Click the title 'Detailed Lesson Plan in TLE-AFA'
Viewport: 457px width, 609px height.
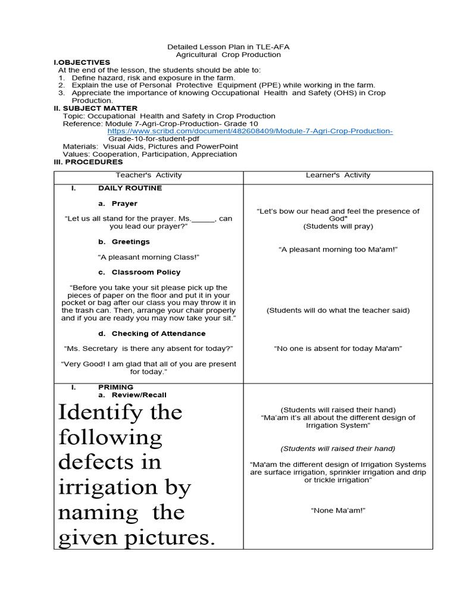228,46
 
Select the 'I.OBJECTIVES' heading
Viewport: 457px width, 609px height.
82,62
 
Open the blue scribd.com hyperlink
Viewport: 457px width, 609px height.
250,131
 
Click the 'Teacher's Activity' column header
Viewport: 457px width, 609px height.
148,175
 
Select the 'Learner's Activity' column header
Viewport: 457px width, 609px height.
337,175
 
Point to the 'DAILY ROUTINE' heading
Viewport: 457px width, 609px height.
130,188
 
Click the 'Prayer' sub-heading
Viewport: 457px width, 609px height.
124,203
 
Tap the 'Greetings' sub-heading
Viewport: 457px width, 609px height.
130,241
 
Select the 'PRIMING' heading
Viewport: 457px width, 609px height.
115,387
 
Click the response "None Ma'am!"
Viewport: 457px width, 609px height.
337,510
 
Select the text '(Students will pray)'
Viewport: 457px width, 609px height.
337,227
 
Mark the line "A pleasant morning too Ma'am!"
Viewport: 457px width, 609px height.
337,250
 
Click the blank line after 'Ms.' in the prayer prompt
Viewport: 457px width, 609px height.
203,219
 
